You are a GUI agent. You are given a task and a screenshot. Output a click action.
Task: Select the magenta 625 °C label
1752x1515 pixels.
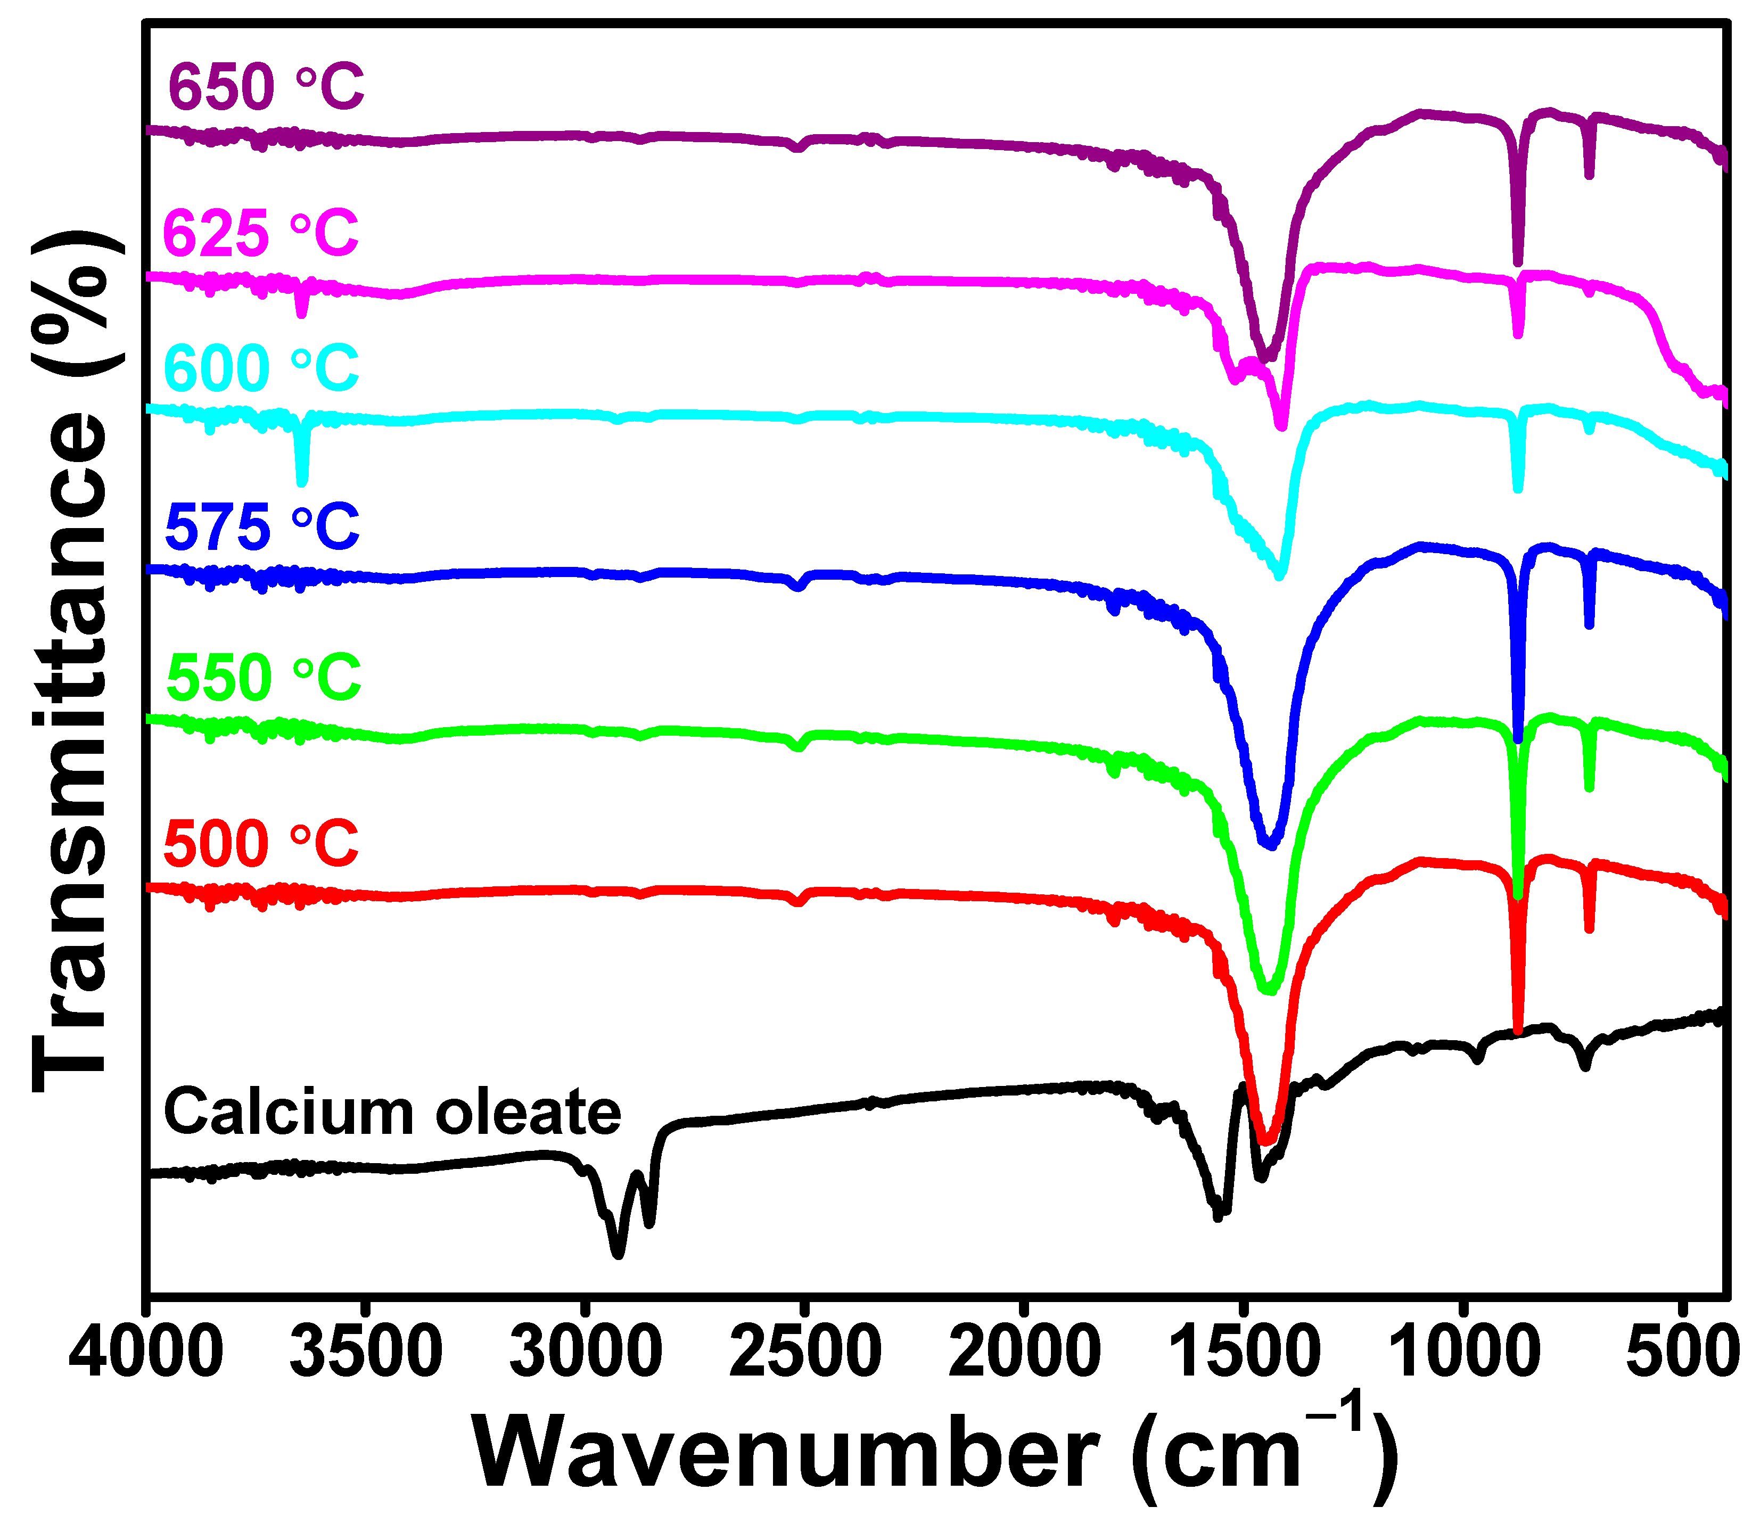tap(260, 233)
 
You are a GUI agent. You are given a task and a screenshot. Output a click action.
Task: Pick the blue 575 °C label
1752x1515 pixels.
tap(262, 526)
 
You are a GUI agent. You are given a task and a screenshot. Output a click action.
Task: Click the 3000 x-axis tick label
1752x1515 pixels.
tap(586, 1353)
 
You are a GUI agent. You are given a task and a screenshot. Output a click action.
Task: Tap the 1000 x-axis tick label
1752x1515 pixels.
tap(1463, 1353)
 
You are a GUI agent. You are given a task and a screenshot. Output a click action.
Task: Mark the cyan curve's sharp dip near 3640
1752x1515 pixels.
tap(302, 480)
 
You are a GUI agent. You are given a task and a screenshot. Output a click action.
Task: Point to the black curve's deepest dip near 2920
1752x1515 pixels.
tap(618, 1254)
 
